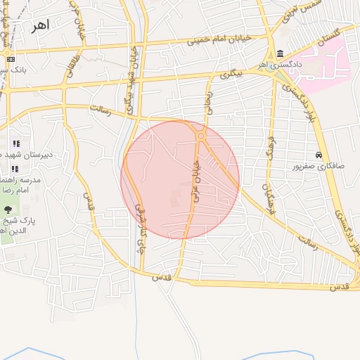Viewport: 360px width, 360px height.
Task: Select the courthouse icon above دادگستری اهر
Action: (x=281, y=54)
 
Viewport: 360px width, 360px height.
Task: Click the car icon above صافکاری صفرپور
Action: (x=319, y=155)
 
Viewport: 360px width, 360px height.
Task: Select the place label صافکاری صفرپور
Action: (x=319, y=166)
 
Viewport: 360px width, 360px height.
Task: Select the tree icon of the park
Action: (x=8, y=209)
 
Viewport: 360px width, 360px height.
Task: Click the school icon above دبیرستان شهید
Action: (x=15, y=144)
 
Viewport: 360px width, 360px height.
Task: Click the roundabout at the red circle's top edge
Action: (x=201, y=135)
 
